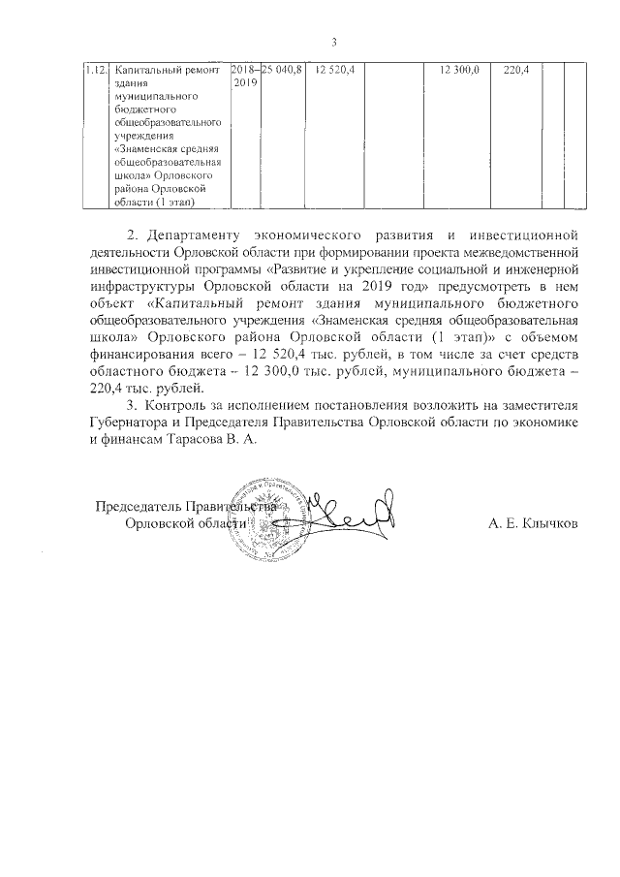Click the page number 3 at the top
334,43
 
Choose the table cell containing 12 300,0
459,71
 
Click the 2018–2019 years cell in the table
246,78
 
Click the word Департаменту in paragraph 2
195,235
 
